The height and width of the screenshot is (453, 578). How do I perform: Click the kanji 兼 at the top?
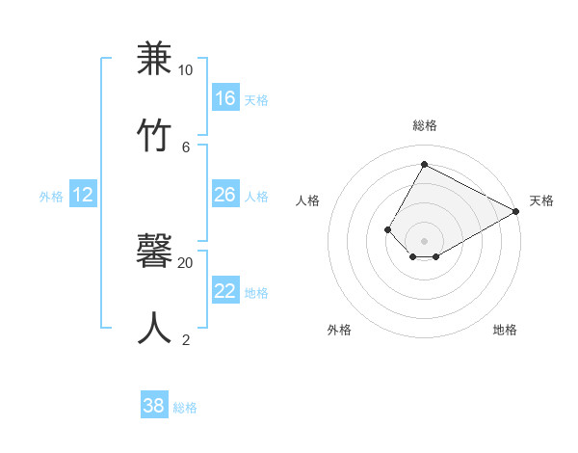click(155, 60)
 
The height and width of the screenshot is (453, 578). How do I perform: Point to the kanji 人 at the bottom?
click(155, 327)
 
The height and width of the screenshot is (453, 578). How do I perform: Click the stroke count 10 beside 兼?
click(185, 70)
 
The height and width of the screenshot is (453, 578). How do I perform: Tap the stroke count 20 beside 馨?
click(185, 262)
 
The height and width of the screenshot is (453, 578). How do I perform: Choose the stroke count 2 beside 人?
click(186, 339)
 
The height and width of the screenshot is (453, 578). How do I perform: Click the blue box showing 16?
click(225, 98)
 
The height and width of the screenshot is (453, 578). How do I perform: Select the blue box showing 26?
click(225, 195)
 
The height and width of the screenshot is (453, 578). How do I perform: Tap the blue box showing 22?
click(225, 291)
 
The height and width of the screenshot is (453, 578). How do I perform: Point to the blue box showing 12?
click(83, 195)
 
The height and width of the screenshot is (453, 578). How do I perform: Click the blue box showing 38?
click(154, 406)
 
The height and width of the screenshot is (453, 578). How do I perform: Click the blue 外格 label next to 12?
click(51, 197)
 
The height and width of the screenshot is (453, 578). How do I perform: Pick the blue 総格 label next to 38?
click(185, 408)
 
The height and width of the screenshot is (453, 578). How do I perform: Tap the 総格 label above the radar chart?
click(424, 126)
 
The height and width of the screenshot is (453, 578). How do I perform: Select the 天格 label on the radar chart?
click(541, 200)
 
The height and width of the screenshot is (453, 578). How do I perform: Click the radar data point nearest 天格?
click(516, 212)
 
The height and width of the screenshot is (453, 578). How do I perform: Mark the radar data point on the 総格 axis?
click(424, 164)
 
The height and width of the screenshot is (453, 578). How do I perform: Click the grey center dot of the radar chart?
click(424, 240)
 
